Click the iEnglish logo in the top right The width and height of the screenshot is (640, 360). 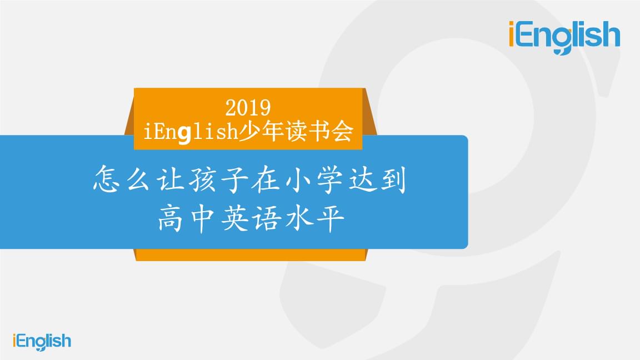pos(564,37)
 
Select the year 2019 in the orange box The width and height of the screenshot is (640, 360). pos(248,107)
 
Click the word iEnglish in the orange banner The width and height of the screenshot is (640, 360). pos(191,132)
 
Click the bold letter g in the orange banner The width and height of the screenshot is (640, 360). pos(184,134)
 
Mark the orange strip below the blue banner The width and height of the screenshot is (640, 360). pos(250,254)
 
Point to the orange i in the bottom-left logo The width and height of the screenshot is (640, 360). pos(14,341)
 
